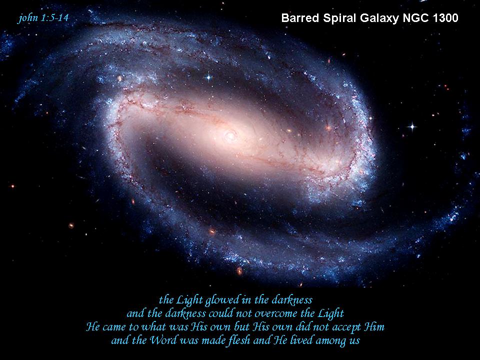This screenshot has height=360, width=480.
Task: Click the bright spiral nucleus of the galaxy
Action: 230,135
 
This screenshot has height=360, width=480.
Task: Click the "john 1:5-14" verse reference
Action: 43,18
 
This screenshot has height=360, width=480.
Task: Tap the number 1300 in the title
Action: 445,18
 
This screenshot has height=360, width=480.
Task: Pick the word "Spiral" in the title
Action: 340,18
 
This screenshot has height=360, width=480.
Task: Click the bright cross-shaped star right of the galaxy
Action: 412,126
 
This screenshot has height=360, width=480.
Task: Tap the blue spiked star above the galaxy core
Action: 208,77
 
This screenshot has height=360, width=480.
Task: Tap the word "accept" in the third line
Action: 346,327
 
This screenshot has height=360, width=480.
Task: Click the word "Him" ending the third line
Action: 374,327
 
